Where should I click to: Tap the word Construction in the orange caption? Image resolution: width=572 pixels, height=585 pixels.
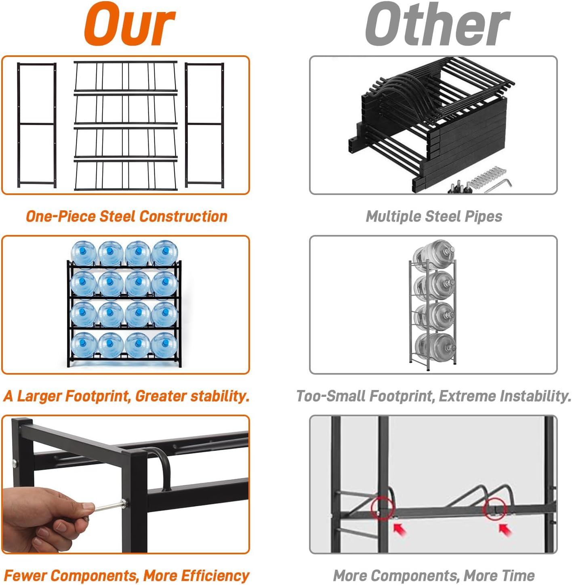point(183,216)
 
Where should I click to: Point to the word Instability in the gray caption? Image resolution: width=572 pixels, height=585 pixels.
point(535,396)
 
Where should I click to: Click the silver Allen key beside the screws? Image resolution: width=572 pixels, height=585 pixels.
point(497,186)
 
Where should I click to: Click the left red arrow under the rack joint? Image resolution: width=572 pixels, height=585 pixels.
point(400,528)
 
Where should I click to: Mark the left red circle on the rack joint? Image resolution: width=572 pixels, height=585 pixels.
point(382,508)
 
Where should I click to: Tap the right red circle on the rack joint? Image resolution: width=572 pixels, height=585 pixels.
point(495,508)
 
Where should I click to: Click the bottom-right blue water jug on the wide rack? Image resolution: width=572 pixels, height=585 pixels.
point(164,346)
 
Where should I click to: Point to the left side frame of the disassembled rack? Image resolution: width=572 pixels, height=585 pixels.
point(37,125)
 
